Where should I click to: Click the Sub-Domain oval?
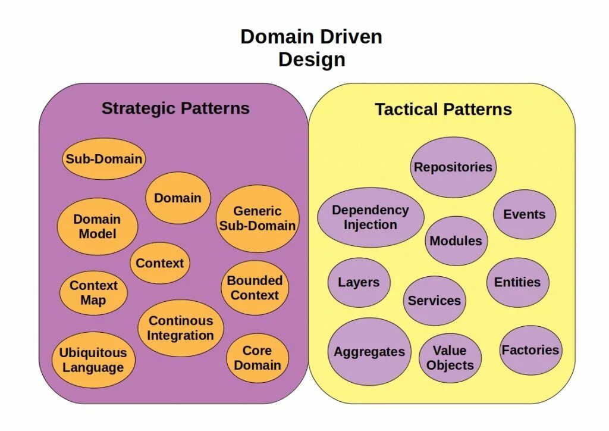tap(103, 159)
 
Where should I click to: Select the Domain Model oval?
tap(98, 227)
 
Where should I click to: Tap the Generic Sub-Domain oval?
tap(257, 218)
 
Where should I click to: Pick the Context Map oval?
tap(93, 293)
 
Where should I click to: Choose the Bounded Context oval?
tap(255, 288)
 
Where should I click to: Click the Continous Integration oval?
tap(181, 328)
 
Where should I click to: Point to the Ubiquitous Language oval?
tap(93, 360)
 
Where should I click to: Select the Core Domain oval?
tap(257, 358)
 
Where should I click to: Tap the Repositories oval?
tap(453, 167)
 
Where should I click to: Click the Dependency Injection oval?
tap(371, 217)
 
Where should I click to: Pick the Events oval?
tap(524, 215)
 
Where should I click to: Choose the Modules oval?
tap(456, 241)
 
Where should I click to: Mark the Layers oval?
tap(359, 283)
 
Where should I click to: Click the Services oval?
tap(434, 301)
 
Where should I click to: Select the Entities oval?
tap(517, 282)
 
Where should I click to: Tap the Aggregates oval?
tap(369, 352)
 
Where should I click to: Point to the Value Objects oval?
tap(450, 358)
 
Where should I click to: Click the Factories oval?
tap(530, 350)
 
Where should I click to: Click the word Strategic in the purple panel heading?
tap(139, 108)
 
